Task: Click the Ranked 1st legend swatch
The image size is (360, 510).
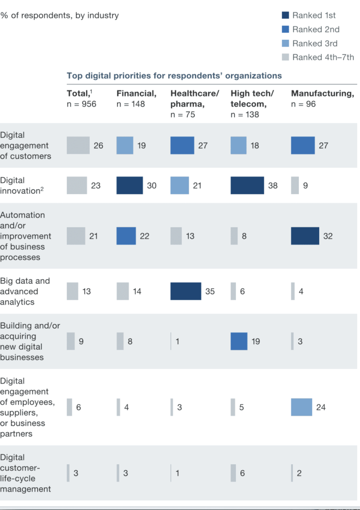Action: [285, 15]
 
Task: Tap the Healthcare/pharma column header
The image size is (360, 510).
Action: [195, 98]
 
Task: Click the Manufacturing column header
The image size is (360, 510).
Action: [322, 94]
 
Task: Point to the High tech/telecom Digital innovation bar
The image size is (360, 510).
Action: [247, 185]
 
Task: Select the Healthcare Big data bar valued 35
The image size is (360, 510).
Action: [185, 291]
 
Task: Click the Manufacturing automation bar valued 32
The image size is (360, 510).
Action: [305, 236]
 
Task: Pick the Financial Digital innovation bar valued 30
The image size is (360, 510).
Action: [129, 185]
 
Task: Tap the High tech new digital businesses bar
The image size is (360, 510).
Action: [239, 342]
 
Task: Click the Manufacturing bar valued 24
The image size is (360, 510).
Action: [301, 407]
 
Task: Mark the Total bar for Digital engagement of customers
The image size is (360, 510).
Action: [78, 145]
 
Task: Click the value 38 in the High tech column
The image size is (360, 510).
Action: [273, 185]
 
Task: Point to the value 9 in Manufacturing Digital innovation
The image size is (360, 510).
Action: [305, 185]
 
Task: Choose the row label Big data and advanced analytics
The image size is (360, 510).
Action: [25, 291]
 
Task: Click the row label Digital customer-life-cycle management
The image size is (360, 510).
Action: [25, 473]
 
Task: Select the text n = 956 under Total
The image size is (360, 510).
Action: [81, 104]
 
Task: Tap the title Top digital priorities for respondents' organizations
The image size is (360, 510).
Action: [174, 76]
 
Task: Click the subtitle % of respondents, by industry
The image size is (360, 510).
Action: [60, 15]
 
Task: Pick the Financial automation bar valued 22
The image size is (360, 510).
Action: [126, 236]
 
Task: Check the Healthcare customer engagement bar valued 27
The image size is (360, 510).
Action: [182, 145]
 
